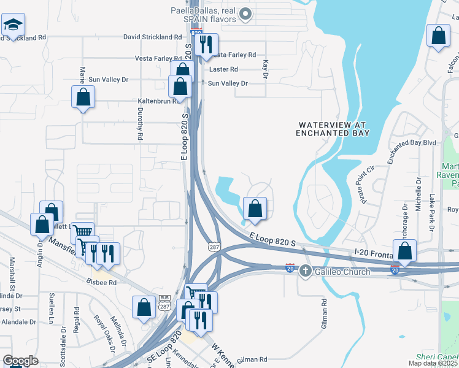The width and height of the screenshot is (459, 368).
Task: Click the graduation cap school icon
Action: (x=13, y=25)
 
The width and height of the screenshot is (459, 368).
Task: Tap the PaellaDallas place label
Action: (x=202, y=14)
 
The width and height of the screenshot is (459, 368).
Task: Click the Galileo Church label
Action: (x=342, y=272)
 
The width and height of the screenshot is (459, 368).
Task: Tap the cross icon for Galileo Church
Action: (x=306, y=272)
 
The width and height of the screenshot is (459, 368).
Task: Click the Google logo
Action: (x=20, y=361)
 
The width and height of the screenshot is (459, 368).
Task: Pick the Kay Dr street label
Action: (x=266, y=69)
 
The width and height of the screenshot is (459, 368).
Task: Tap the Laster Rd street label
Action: (x=225, y=70)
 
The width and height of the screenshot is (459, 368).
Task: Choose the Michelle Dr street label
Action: (x=418, y=195)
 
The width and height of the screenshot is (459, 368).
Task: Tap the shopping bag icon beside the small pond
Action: (x=255, y=209)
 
